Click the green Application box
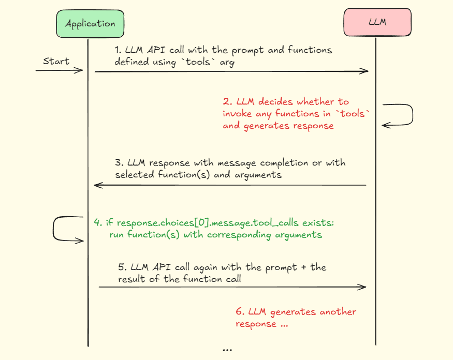click(x=90, y=24)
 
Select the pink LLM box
click(x=377, y=23)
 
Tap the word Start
click(x=56, y=61)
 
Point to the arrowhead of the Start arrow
click(x=81, y=70)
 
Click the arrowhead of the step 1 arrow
click(x=366, y=72)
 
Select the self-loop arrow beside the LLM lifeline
click(x=406, y=114)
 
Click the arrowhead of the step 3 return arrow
click(x=96, y=185)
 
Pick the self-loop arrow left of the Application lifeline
click(x=60, y=229)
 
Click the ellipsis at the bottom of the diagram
click(x=227, y=350)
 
